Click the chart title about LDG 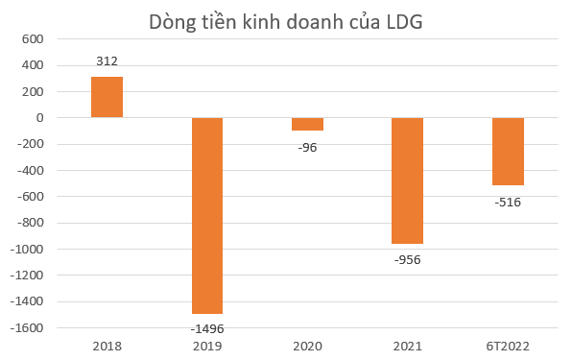click(x=285, y=23)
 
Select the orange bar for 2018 click(x=107, y=97)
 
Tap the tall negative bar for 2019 click(x=206, y=215)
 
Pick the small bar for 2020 click(x=307, y=124)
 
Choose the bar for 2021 click(x=407, y=180)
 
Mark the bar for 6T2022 click(x=508, y=152)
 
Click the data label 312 click(x=107, y=61)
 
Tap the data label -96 click(x=307, y=147)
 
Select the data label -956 click(x=407, y=259)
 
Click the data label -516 click(x=508, y=202)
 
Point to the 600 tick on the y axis click(x=34, y=39)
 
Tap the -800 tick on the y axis click(x=30, y=223)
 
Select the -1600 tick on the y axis click(x=27, y=327)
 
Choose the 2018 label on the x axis click(x=107, y=346)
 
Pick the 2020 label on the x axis click(x=307, y=346)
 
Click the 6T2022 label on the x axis click(x=508, y=346)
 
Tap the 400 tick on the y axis click(x=34, y=65)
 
